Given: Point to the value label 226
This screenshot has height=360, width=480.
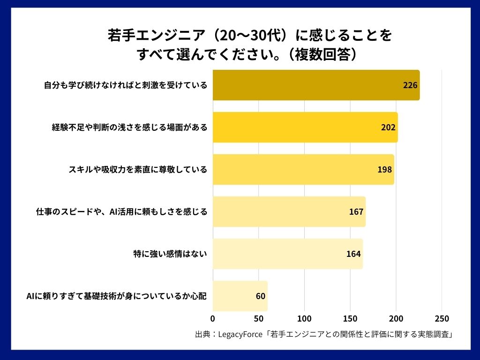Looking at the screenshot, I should (410, 85).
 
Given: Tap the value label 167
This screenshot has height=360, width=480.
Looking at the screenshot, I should (356, 212).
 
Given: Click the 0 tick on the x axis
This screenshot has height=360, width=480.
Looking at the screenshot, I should (213, 319).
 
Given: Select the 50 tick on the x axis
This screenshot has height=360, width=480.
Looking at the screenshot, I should (259, 319).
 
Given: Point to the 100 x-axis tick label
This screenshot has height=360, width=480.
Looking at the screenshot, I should (305, 319).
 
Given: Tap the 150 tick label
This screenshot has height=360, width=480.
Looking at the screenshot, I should (350, 319).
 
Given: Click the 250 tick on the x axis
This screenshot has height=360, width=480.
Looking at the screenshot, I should (442, 319).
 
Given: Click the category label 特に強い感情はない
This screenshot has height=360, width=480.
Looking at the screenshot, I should (170, 254).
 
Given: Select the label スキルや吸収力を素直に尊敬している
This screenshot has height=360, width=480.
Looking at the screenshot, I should (138, 170).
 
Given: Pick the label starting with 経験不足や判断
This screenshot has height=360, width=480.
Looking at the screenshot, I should (129, 127).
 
